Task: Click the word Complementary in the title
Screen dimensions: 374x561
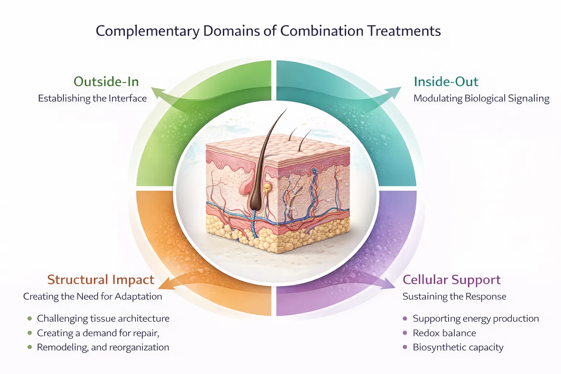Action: pyautogui.click(x=148, y=31)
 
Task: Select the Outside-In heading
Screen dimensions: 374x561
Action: pyautogui.click(x=106, y=81)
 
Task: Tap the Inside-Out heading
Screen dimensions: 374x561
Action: pyautogui.click(x=446, y=81)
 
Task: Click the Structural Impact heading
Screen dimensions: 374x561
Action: pyautogui.click(x=101, y=280)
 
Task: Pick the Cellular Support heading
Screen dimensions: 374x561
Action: pyautogui.click(x=451, y=280)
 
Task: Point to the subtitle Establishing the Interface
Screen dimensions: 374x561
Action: pyautogui.click(x=92, y=98)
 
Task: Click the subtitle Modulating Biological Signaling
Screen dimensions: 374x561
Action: pyautogui.click(x=481, y=98)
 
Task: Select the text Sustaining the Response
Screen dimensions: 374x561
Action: pyautogui.click(x=454, y=296)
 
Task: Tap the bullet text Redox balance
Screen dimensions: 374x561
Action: pyautogui.click(x=444, y=333)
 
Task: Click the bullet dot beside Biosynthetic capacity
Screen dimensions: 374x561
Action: pyautogui.click(x=405, y=347)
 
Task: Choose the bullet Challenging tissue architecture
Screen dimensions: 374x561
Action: pyautogui.click(x=103, y=318)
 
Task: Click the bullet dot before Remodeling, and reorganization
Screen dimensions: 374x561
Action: pyautogui.click(x=30, y=347)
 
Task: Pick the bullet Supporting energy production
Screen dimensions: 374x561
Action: pyautogui.click(x=476, y=318)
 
